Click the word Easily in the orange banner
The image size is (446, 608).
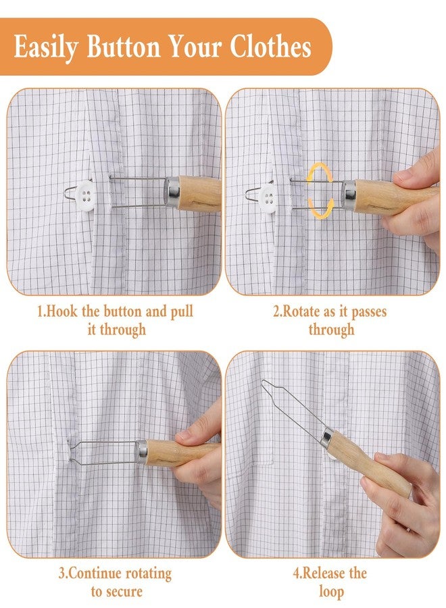(x=45, y=47)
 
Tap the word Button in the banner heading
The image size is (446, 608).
(x=124, y=46)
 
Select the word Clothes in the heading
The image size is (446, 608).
(x=270, y=46)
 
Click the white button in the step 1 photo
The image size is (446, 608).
(x=85, y=196)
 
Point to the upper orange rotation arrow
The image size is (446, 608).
(x=319, y=172)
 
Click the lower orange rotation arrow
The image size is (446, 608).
(x=320, y=209)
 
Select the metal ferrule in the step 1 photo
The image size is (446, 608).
(x=172, y=192)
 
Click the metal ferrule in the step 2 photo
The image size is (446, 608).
(x=349, y=195)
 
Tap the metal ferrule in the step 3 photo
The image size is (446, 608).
(x=141, y=452)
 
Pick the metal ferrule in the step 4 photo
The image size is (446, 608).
(x=327, y=438)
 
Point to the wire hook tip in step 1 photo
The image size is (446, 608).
(x=66, y=192)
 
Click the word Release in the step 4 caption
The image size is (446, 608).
(x=318, y=573)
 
